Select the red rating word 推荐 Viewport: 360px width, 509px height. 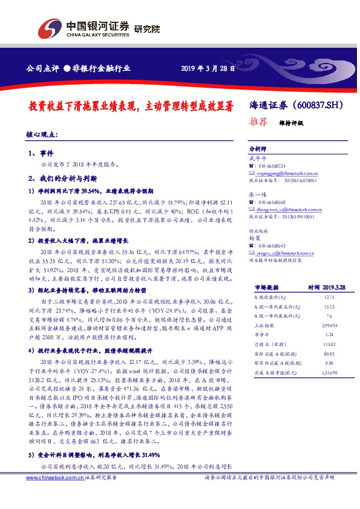258,121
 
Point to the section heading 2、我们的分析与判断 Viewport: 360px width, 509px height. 59,179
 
